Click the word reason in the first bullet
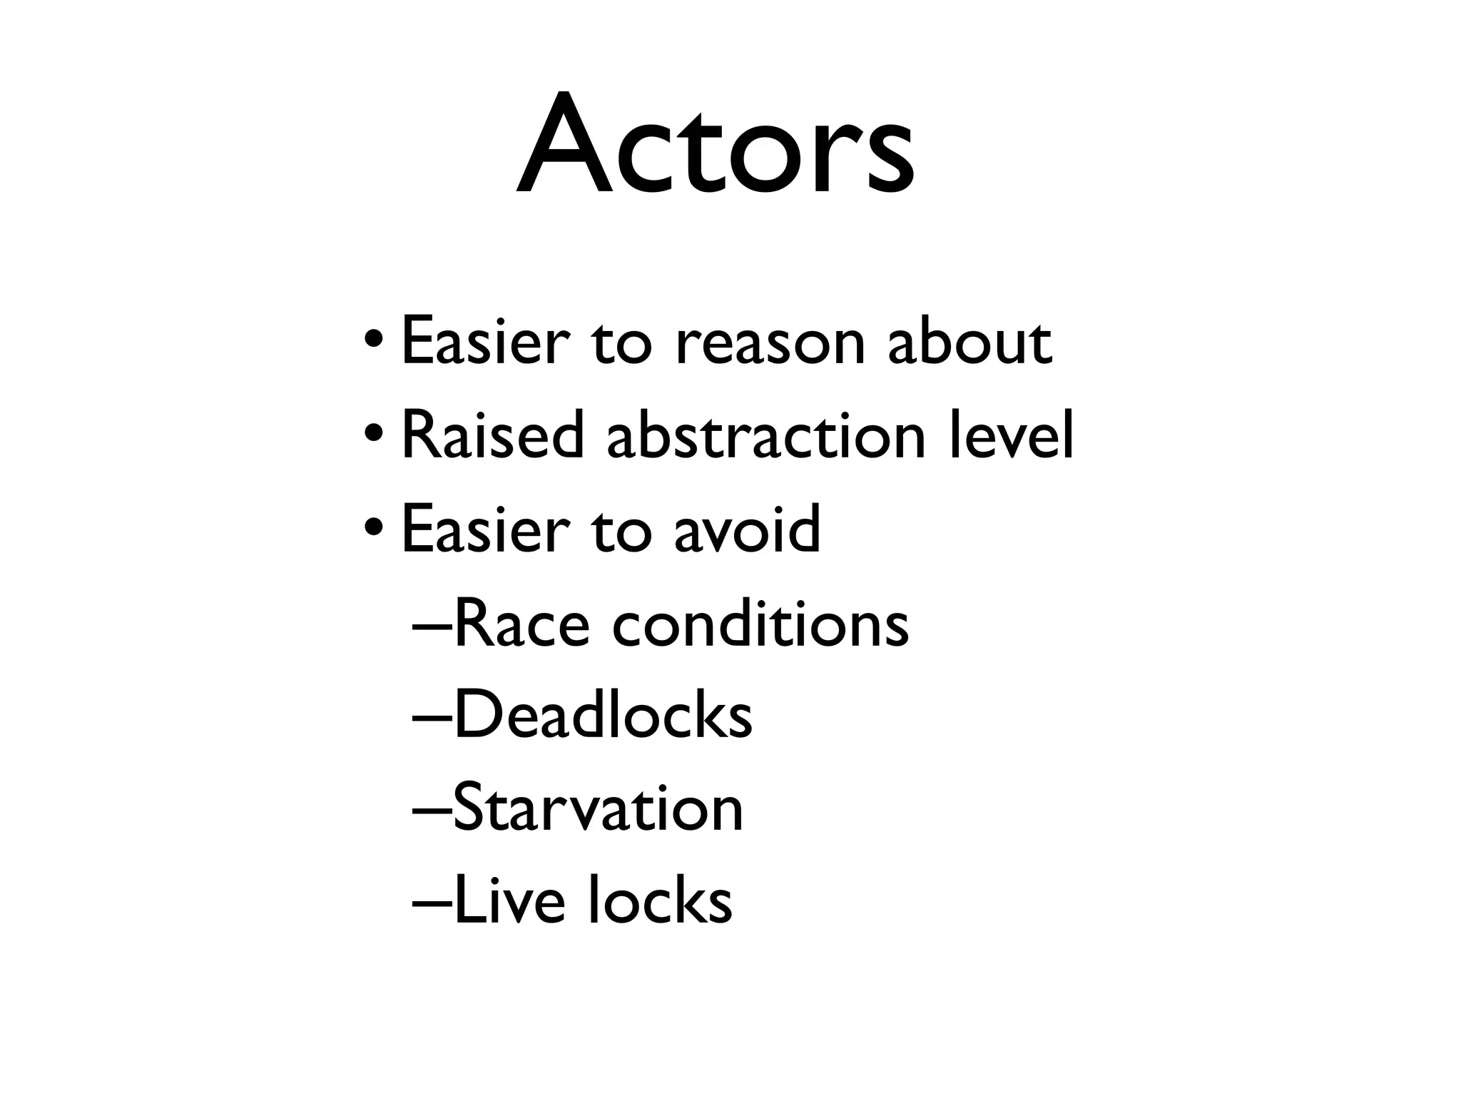769,343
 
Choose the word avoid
747,529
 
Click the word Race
521,624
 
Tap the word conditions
760,624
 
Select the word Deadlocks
603,716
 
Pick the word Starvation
598,808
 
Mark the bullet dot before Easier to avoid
374,527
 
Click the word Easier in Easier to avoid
486,529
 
